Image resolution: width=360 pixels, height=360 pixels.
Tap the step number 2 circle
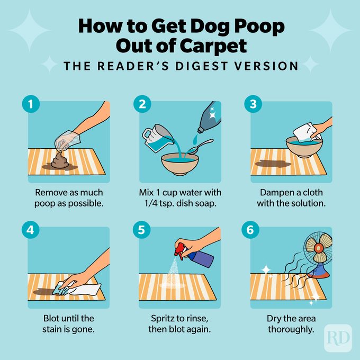click(142, 105)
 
